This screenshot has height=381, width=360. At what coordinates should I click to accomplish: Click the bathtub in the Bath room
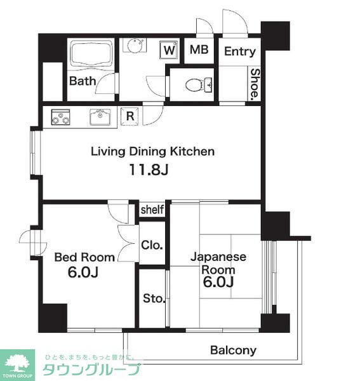(x=91, y=55)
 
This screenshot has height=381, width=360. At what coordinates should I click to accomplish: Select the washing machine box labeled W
(x=170, y=50)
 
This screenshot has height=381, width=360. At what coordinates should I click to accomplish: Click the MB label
(x=199, y=50)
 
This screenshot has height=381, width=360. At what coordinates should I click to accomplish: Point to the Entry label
(x=240, y=51)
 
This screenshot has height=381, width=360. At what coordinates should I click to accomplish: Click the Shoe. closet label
(x=255, y=84)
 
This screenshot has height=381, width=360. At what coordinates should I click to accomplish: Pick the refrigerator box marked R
(x=130, y=116)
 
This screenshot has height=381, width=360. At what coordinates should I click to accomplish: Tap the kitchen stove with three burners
(x=60, y=117)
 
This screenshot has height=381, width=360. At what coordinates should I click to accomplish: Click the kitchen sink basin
(x=100, y=117)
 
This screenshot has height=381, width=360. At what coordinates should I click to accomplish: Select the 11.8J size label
(x=149, y=170)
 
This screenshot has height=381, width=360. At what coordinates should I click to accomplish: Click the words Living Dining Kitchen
(x=152, y=151)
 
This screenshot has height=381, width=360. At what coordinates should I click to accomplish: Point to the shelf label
(x=152, y=210)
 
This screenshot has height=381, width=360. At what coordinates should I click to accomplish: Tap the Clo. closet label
(x=152, y=245)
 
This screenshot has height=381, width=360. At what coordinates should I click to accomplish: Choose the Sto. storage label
(x=154, y=298)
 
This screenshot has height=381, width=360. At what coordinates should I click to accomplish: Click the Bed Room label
(x=84, y=257)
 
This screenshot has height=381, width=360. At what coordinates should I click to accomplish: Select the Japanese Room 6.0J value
(x=218, y=282)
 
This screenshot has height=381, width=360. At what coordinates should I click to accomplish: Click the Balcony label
(x=233, y=350)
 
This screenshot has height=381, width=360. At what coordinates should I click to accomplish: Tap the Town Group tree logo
(x=17, y=364)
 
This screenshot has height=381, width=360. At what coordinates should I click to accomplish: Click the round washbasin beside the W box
(x=135, y=46)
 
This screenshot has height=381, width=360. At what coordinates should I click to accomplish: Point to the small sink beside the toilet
(x=208, y=85)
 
